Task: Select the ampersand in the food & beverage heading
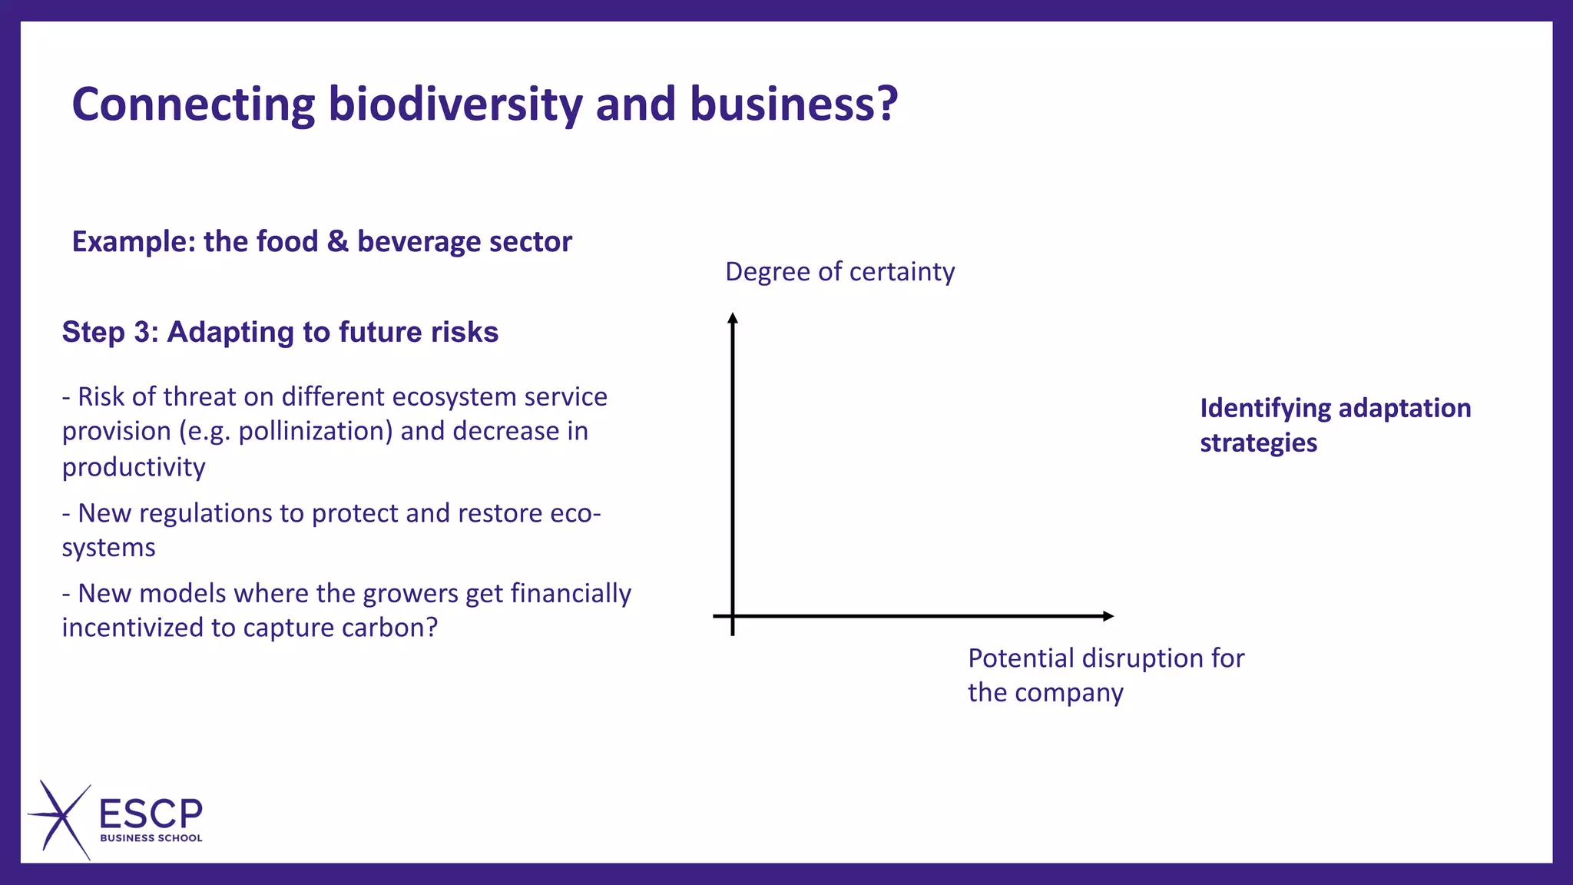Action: [337, 241]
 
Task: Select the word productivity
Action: [134, 467]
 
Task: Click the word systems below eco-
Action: [108, 548]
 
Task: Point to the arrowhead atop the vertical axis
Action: [733, 318]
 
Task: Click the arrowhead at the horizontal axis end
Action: [1108, 616]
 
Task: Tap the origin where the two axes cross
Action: [733, 616]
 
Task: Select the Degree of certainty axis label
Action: [839, 272]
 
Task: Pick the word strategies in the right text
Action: [1258, 443]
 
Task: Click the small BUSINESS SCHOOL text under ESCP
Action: [151, 838]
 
